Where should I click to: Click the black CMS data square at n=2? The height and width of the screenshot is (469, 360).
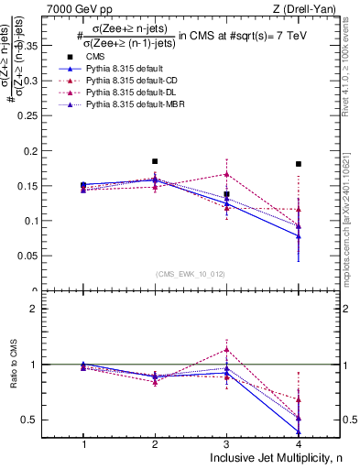[x=155, y=161]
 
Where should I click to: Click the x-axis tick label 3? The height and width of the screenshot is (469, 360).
[x=226, y=443]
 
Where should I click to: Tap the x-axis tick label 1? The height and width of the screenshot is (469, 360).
[x=83, y=443]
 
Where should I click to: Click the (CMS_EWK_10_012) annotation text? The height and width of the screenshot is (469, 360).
[x=191, y=273]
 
